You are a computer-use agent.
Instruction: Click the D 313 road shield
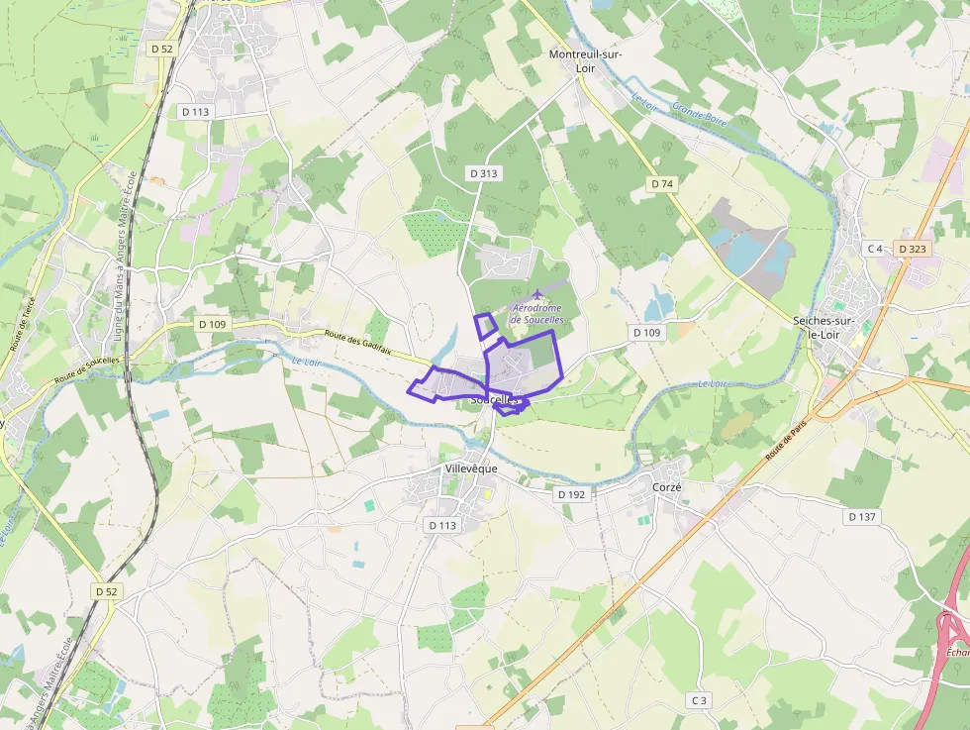[x=483, y=173]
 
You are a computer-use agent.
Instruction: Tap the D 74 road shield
[x=662, y=184]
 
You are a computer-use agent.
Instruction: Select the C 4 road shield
[x=874, y=249]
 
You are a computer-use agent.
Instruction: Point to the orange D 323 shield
[x=912, y=249]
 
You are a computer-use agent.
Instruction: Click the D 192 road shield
[x=571, y=493]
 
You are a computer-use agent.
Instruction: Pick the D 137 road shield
[x=862, y=517]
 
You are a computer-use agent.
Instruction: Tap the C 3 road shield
[x=699, y=700]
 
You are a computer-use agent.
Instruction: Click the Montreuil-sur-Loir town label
[x=585, y=61]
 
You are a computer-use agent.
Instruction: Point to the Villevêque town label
[x=470, y=468]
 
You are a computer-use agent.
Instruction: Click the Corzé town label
[x=667, y=487]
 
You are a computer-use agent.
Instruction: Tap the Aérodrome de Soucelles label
[x=537, y=314]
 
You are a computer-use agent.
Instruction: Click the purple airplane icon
[x=536, y=294]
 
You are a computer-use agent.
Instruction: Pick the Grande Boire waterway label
[x=699, y=115]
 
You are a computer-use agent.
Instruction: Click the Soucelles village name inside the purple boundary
[x=496, y=399]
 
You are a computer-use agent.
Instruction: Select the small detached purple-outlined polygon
[x=485, y=327]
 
